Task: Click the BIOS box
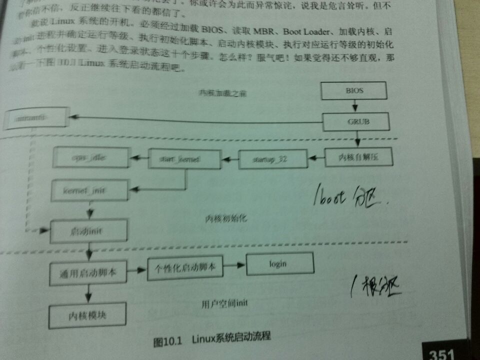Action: coord(354,91)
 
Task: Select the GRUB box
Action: coord(354,121)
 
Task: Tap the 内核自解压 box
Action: coord(358,158)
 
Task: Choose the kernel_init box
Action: coord(84,190)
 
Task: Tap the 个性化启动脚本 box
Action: coord(185,267)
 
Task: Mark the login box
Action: coord(279,264)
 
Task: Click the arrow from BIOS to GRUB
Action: coord(354,106)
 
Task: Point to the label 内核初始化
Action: coord(226,219)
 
